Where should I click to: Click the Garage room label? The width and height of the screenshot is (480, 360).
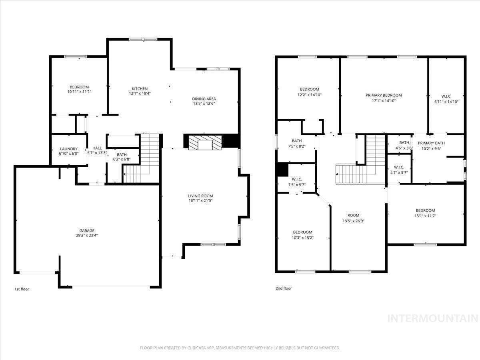[86, 231]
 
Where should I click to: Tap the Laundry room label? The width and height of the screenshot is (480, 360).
[69, 149]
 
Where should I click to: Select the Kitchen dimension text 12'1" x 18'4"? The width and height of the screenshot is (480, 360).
[140, 94]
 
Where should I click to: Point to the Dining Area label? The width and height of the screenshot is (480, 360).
[204, 99]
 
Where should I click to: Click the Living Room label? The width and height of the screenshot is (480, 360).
[200, 196]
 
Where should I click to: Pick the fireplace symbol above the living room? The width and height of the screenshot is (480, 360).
[205, 142]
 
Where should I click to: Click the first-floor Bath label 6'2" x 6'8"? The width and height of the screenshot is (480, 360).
[122, 155]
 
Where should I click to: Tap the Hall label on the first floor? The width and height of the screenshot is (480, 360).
[97, 148]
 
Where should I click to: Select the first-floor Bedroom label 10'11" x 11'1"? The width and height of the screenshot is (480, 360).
[79, 87]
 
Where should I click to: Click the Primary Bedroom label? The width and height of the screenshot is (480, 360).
[384, 95]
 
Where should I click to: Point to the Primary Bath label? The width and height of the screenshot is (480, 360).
[431, 143]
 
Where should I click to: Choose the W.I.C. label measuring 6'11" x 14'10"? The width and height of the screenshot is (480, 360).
[446, 96]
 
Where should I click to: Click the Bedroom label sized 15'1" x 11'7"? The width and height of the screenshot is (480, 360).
[425, 211]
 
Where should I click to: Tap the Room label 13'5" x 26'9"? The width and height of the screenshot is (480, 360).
[353, 216]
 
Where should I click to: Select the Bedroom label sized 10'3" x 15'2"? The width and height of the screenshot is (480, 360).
[302, 232]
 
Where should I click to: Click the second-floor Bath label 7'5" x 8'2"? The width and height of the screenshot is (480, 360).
[297, 141]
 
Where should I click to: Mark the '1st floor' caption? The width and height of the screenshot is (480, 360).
[22, 289]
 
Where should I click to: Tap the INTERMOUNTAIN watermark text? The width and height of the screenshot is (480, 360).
[433, 318]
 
